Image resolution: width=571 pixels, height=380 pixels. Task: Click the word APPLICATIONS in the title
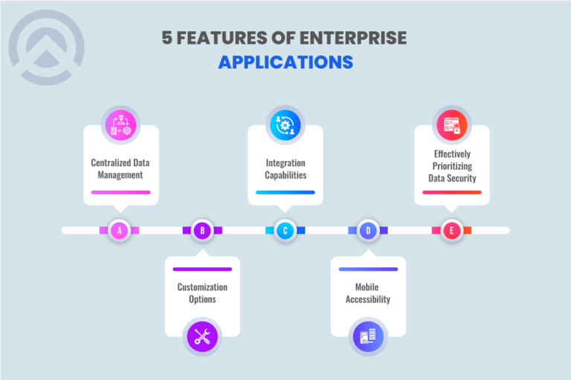coord(285,62)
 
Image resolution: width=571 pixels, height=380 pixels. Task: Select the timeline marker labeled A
coord(119,231)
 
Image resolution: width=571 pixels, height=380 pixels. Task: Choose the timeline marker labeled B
coord(202,231)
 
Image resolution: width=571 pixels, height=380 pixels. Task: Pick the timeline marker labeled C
coord(285,231)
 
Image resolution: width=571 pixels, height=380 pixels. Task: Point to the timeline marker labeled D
coord(369,231)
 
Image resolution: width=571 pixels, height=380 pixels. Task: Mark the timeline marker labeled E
coord(451,231)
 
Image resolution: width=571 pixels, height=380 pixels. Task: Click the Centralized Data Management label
coord(120,169)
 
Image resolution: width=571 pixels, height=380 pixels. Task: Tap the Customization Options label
coord(202,293)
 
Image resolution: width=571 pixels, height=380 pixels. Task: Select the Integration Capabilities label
coord(285,169)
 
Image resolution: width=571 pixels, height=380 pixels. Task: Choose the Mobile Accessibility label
coord(369,293)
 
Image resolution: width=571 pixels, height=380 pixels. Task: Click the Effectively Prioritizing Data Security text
coord(452,168)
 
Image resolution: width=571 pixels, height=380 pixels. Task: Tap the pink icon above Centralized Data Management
coord(120,124)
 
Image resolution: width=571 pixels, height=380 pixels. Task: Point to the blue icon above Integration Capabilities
coord(285,124)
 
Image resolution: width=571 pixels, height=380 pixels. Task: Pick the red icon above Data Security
coord(452,124)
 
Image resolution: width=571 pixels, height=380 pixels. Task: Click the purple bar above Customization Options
coord(202,269)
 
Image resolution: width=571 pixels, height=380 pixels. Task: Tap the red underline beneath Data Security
coord(452,192)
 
